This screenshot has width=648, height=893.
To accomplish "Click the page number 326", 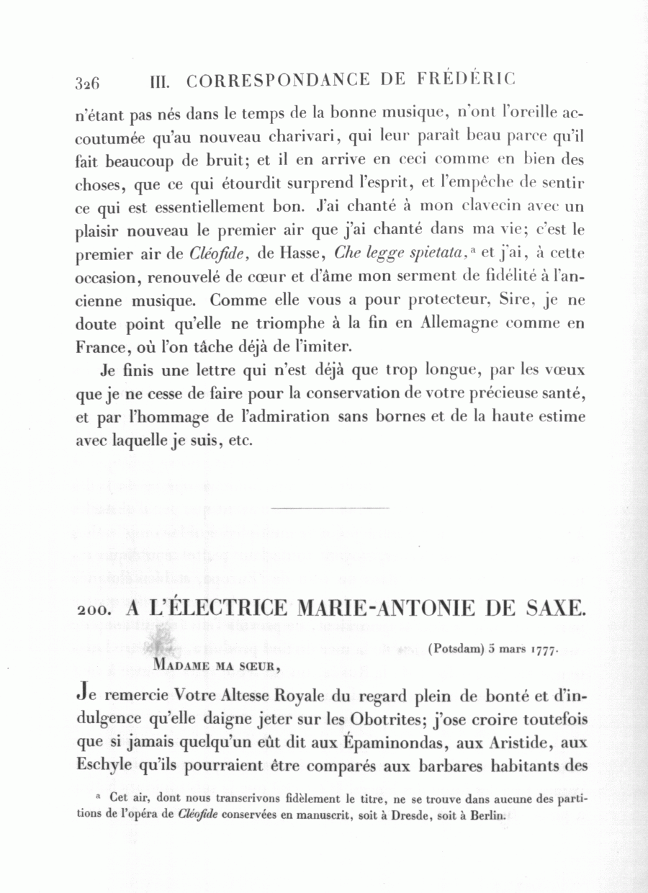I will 86,82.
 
